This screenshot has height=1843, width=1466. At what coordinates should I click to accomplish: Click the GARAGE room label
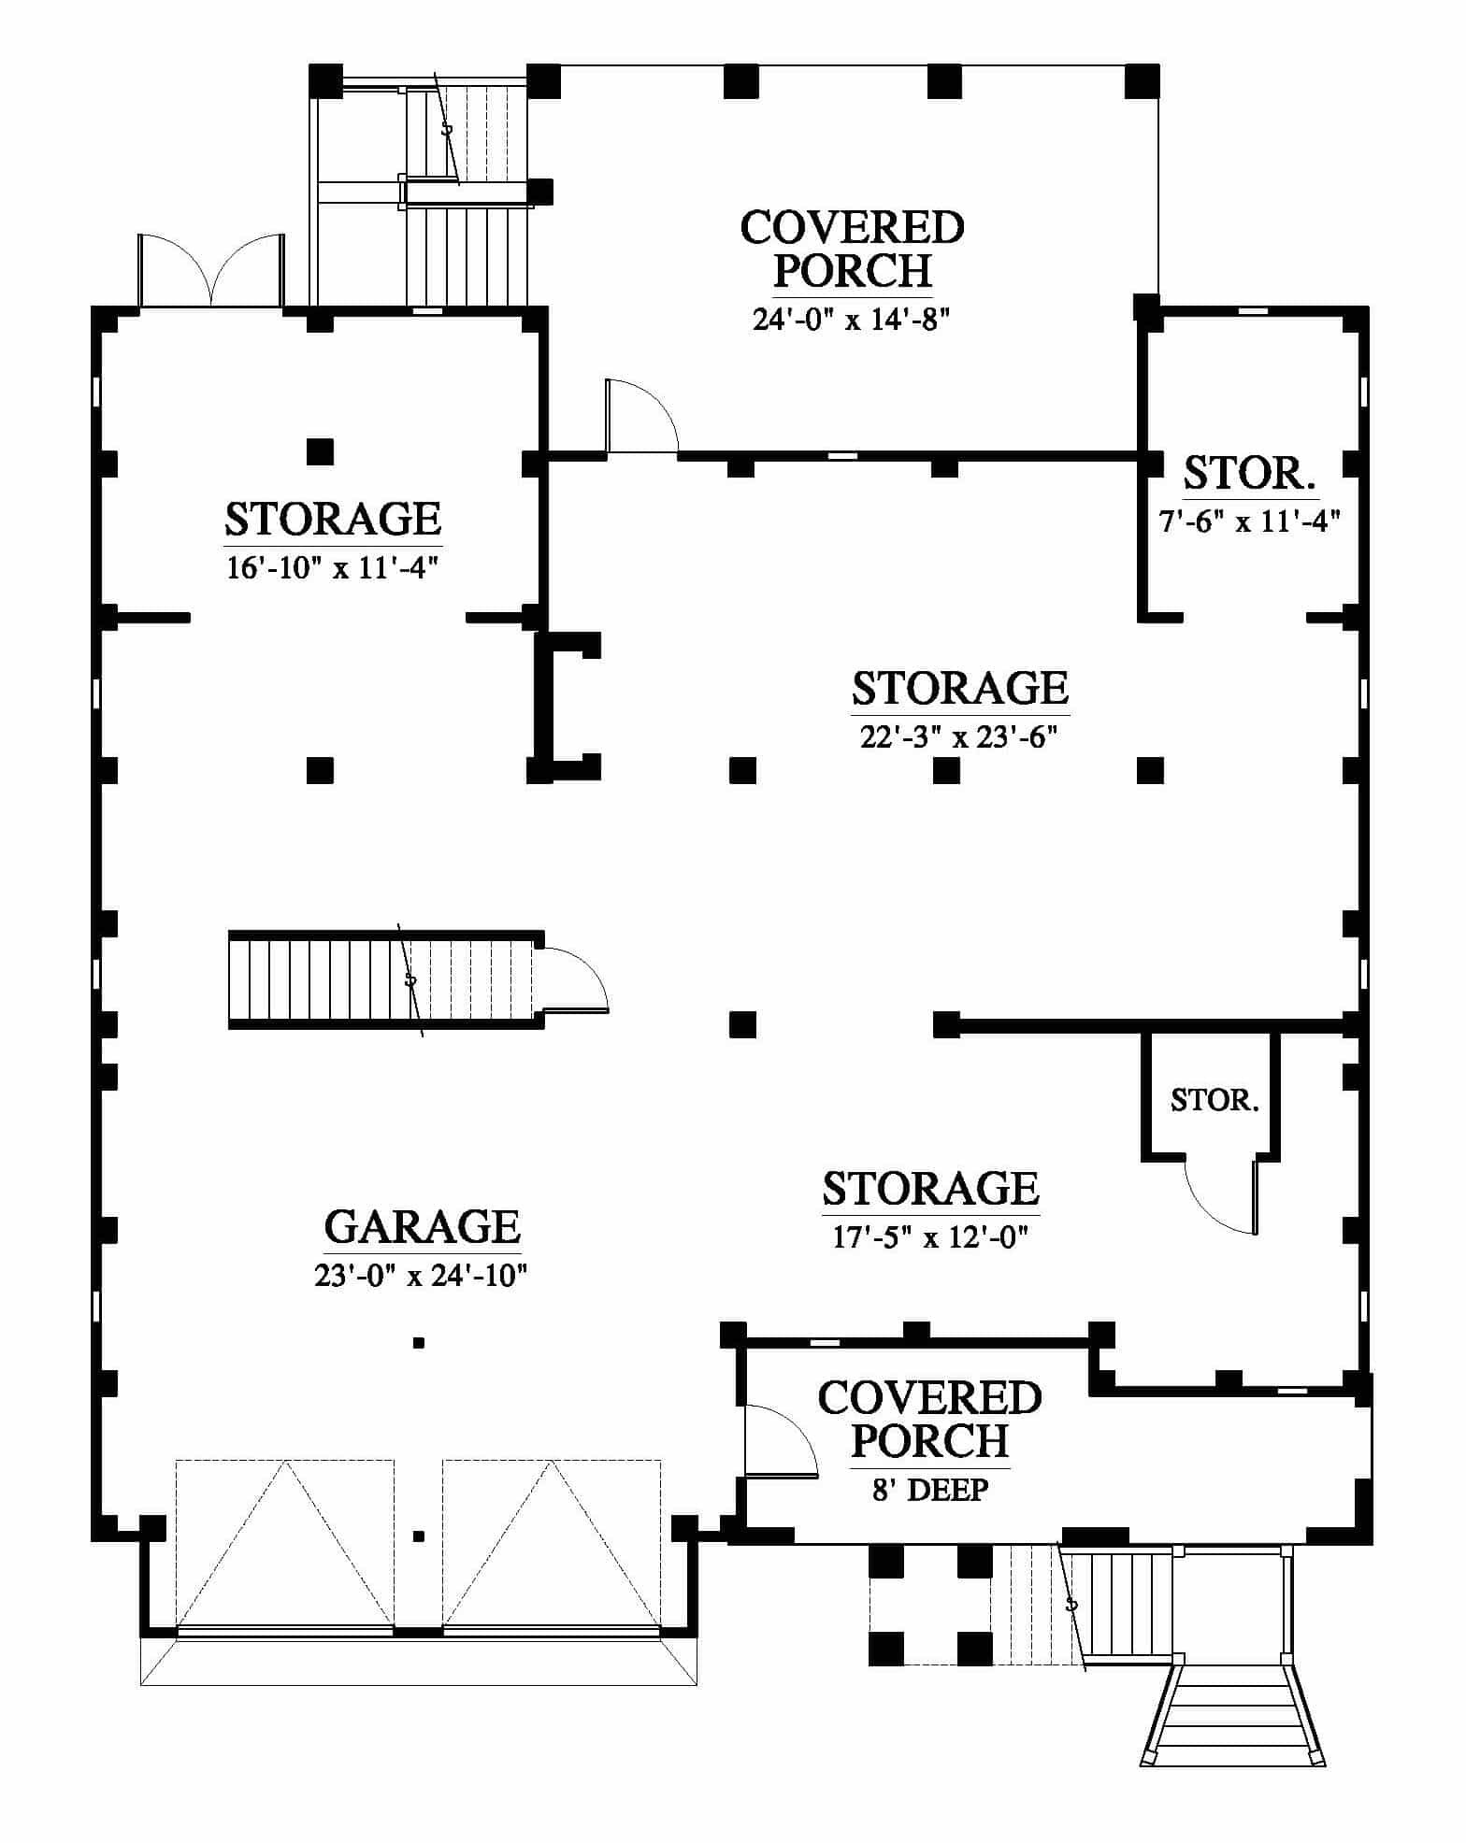tap(422, 1226)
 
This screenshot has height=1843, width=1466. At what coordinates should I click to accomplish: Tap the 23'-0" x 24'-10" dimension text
tap(422, 1275)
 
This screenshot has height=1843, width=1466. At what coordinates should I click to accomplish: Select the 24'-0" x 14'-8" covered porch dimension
tap(852, 320)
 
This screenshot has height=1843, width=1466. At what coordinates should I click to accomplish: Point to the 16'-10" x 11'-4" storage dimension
tap(333, 567)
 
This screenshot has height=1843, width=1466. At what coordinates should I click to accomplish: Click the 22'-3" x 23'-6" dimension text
tap(959, 737)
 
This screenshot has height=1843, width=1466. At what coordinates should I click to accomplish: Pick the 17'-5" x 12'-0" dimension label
tap(931, 1237)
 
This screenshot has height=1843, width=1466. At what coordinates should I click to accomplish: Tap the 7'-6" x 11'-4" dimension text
tap(1250, 521)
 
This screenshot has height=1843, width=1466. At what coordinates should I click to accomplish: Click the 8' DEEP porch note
tap(930, 1490)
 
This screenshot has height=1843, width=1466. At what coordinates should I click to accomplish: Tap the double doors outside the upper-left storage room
tap(210, 269)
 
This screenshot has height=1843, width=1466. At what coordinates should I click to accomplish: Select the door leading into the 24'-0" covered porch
tap(640, 417)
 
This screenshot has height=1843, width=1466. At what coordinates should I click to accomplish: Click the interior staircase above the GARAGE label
tap(385, 980)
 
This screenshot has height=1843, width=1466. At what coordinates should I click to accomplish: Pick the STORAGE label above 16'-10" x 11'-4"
tap(333, 519)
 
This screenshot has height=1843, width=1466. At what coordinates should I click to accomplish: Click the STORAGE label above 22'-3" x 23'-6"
tap(959, 689)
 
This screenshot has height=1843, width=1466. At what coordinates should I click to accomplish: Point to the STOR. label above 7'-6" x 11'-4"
tap(1250, 473)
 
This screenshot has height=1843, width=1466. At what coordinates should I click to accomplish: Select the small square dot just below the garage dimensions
tap(419, 1343)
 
